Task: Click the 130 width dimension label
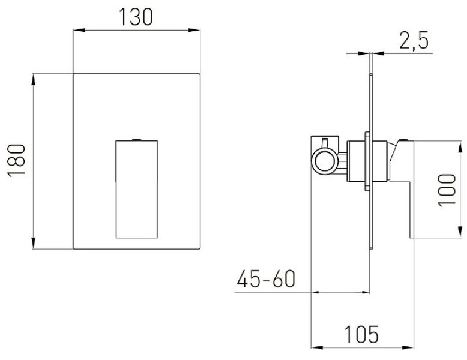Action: click(x=136, y=17)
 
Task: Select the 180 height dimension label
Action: click(x=16, y=161)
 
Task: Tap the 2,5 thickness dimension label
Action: click(x=414, y=40)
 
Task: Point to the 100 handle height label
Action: click(x=447, y=190)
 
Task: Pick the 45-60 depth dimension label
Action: click(x=266, y=279)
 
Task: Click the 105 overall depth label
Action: click(x=361, y=334)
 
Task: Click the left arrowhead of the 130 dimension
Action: click(x=79, y=30)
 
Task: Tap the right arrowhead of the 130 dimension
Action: click(x=194, y=30)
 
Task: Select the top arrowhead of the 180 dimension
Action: click(x=34, y=80)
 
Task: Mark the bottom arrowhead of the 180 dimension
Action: click(x=34, y=243)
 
